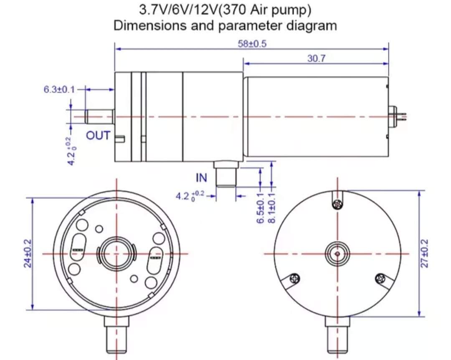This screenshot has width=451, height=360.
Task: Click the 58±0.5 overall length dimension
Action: pos(252,44)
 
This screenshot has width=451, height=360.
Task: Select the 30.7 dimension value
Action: pos(316,59)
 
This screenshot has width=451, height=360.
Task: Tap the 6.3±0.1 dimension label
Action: pos(59,89)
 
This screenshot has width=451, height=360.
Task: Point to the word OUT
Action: pos(98,136)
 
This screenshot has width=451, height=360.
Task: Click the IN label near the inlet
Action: pos(201,178)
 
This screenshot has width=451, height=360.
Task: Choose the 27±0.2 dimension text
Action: pos(425,254)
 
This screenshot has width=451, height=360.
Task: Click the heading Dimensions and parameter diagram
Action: pos(225,25)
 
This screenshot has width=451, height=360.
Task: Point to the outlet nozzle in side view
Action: pos(99,117)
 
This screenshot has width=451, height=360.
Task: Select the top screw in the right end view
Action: pos(337,204)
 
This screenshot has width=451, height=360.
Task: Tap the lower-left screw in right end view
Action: pos(295,278)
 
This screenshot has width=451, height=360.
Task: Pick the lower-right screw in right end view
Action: pos(380,278)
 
